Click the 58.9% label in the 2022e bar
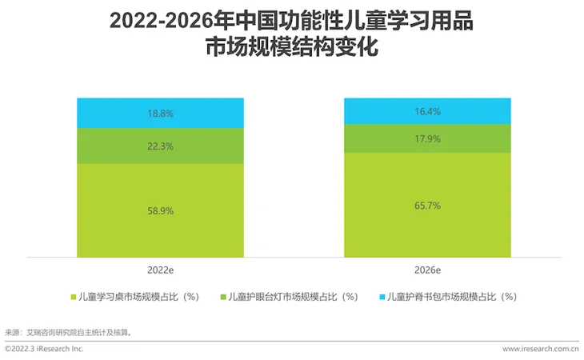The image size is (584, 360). tap(161, 210)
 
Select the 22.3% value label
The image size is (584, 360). tap(161, 146)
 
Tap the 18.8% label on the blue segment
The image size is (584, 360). tap(161, 114)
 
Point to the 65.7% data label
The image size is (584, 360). tap(428, 206)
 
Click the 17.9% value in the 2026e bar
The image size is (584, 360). tap(428, 138)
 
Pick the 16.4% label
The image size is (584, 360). tap(428, 112)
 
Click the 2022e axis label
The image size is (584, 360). tap(161, 270)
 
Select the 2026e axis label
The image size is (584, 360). tap(428, 270)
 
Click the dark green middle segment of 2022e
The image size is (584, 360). tap(200, 146)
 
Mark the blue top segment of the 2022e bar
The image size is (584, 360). tap(200, 113)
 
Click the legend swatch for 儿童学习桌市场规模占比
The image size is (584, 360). tap(74, 297)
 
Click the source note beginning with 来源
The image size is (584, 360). tap(68, 331)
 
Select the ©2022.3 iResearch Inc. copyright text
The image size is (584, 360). tap(44, 349)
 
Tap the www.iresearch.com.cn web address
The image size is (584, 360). tap(540, 349)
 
